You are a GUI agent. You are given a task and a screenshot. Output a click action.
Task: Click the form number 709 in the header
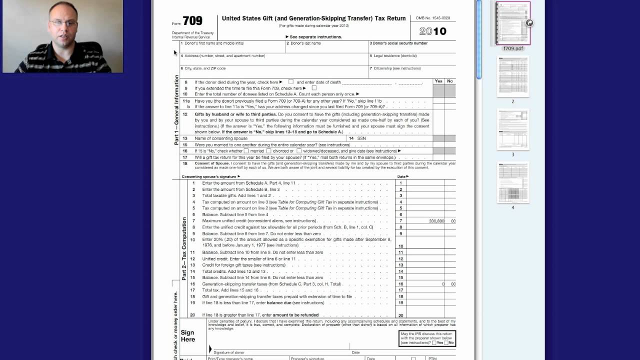192,21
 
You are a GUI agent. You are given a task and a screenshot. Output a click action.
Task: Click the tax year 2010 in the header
433,31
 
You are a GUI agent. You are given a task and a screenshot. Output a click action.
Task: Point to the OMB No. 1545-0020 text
433,18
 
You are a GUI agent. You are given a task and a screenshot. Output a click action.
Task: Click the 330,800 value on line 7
436,221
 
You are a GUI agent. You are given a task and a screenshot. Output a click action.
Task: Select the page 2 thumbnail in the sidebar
512,76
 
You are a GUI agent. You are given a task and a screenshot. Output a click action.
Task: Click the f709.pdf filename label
512,48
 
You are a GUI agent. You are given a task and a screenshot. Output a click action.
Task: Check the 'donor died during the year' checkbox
291,81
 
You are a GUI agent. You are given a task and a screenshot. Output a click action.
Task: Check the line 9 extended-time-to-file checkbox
314,88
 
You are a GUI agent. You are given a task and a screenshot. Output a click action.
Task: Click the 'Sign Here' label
188,336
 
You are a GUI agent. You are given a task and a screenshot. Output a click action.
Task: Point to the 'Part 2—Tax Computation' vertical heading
184,248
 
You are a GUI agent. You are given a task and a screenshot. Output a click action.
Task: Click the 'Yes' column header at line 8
438,81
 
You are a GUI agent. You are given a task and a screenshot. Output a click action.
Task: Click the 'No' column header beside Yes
450,81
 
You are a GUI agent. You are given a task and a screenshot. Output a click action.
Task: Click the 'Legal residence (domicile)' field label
395,56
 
